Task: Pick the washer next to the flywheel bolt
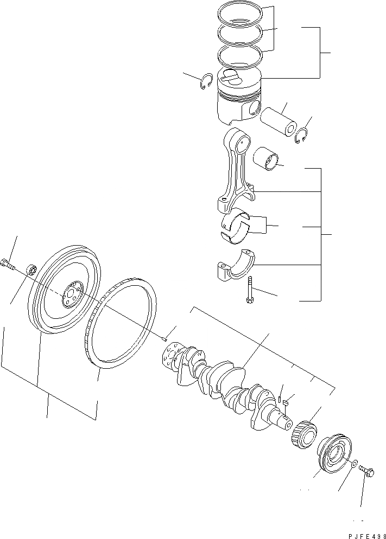click(31, 269)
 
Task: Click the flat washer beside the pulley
click(353, 464)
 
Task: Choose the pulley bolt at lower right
click(368, 472)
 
